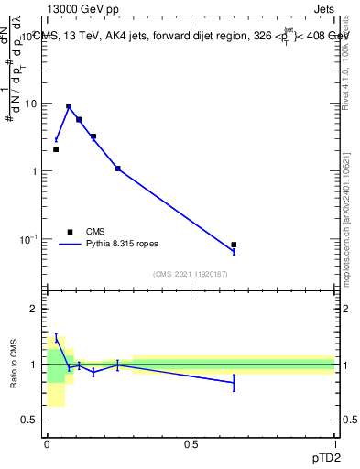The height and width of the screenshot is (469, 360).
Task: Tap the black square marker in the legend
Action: [70, 232]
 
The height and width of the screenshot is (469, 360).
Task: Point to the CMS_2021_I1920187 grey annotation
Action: [191, 274]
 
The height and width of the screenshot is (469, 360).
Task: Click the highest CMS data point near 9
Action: [69, 106]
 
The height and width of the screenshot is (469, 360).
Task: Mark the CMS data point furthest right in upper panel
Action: [234, 245]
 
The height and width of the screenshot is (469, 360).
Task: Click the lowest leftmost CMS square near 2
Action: [56, 149]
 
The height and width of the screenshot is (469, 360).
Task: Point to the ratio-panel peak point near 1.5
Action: [56, 338]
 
